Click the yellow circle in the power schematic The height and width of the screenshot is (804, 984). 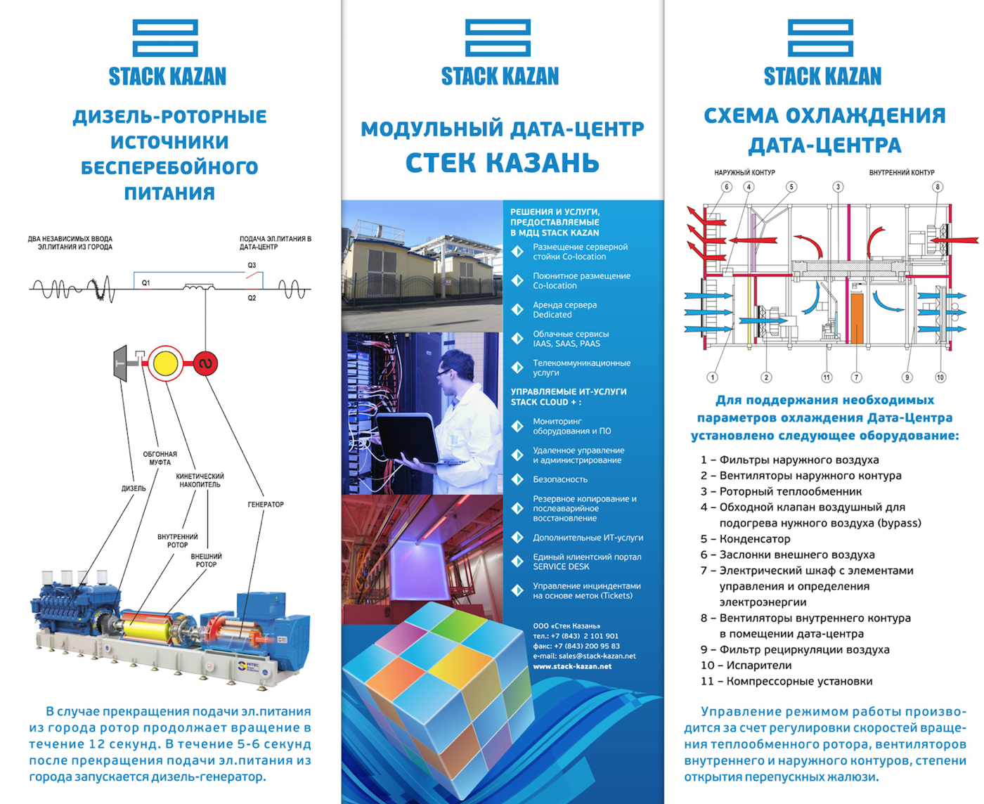pyautogui.click(x=165, y=363)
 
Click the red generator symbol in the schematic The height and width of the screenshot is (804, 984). pyautogui.click(x=205, y=363)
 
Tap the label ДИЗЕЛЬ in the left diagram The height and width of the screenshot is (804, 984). pyautogui.click(x=134, y=488)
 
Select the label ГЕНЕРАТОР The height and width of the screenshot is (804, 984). pyautogui.click(x=266, y=505)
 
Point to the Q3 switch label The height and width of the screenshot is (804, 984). pyautogui.click(x=252, y=265)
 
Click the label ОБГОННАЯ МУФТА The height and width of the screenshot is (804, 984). pyautogui.click(x=160, y=458)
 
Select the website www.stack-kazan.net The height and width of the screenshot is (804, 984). pyautogui.click(x=572, y=666)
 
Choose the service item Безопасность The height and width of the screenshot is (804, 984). pyautogui.click(x=559, y=479)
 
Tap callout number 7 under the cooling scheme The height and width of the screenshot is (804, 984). pyautogui.click(x=856, y=377)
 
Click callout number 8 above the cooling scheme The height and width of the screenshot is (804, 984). pyautogui.click(x=937, y=187)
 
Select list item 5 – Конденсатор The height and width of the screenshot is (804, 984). pyautogui.click(x=745, y=539)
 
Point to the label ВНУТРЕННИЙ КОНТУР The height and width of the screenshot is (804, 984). pyautogui.click(x=902, y=172)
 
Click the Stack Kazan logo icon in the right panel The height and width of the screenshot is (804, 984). pyautogui.click(x=820, y=38)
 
